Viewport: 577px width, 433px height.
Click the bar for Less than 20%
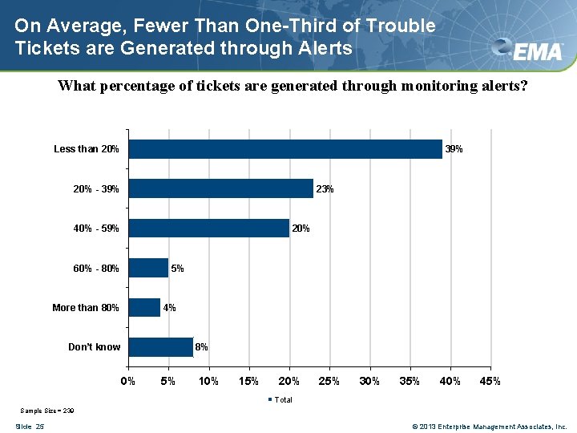(285, 149)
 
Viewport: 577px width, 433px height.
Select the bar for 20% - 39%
(220, 188)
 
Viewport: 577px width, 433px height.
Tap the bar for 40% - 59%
(208, 229)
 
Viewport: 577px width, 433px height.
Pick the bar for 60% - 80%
(148, 268)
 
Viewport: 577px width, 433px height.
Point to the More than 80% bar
(144, 307)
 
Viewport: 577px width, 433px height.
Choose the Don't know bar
(160, 347)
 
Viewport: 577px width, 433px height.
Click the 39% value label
(454, 149)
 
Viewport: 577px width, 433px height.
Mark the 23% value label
(325, 189)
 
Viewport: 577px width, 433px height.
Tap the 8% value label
(202, 347)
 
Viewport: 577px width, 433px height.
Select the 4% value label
(169, 308)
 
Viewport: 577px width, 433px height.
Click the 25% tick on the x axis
(329, 381)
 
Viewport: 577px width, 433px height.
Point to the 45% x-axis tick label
(490, 381)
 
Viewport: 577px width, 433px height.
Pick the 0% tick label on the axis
(128, 381)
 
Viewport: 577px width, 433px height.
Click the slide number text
(29, 426)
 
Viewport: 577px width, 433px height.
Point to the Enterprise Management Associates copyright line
(489, 426)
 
